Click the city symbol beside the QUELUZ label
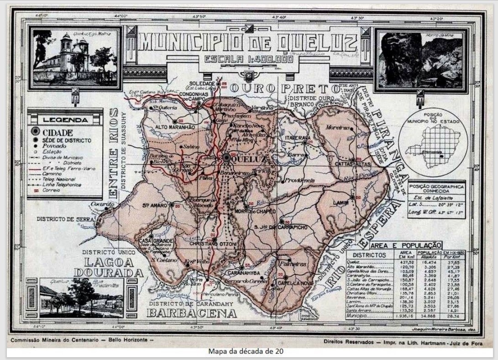[227, 157]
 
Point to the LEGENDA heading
[65, 120]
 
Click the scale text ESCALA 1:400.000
[248, 59]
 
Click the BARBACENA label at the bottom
[192, 313]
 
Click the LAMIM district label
[341, 202]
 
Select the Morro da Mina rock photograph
[421, 60]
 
